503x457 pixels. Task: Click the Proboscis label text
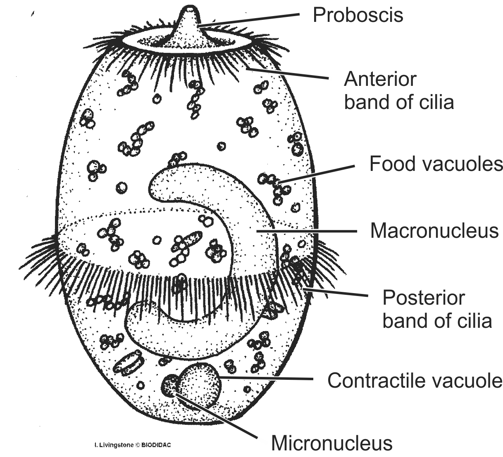358,15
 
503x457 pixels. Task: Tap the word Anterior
380,79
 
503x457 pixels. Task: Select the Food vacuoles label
436,164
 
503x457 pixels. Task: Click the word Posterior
424,297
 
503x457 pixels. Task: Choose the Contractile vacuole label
415,380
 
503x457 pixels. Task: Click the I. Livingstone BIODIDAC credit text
133,445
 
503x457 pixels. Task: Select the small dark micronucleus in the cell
169,385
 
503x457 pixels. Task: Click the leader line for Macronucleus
306,231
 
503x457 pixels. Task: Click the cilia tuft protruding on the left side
39,256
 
